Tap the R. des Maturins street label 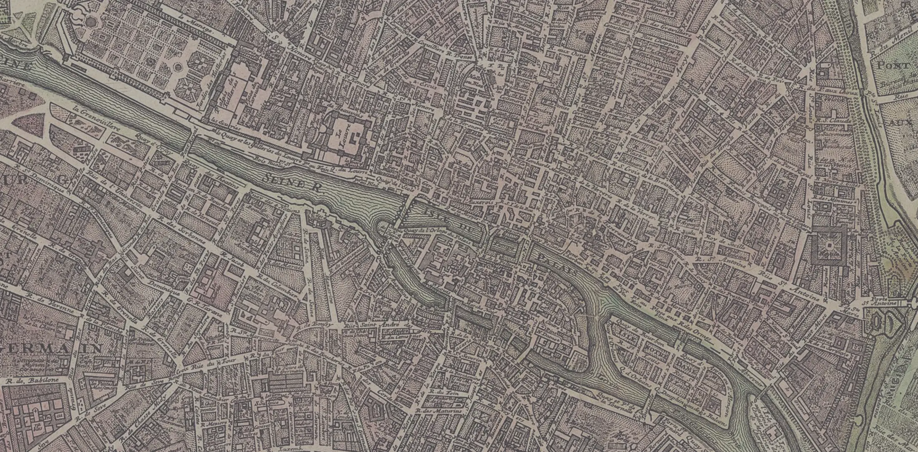433,411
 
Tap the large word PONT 893,66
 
